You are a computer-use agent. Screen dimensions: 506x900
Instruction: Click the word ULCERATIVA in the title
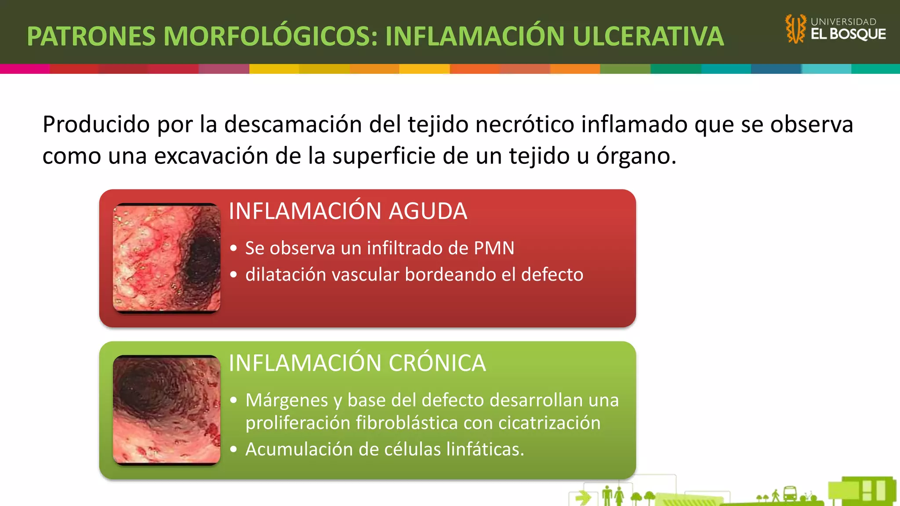tap(648, 36)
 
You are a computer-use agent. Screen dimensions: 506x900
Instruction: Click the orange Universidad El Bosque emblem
tap(795, 29)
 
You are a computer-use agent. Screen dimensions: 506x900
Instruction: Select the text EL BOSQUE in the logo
tap(848, 34)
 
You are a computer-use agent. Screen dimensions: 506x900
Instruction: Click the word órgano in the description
tap(636, 156)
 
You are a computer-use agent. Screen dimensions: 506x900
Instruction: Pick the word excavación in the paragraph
tap(211, 156)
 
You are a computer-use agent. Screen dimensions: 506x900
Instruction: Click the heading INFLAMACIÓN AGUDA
tap(348, 211)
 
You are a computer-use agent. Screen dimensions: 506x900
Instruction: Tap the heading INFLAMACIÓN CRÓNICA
tap(357, 363)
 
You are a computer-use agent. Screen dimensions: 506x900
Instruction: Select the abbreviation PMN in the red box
tap(494, 248)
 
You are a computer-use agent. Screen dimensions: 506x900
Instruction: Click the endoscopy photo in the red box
tap(167, 258)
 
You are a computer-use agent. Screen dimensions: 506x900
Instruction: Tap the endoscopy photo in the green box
tap(167, 410)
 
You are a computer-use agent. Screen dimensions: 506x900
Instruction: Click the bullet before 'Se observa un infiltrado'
tap(234, 249)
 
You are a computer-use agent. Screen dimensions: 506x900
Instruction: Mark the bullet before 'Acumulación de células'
tap(234, 449)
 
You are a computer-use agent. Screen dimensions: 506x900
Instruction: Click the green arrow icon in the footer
tap(583, 498)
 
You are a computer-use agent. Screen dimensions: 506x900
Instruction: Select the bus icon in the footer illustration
tap(790, 494)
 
